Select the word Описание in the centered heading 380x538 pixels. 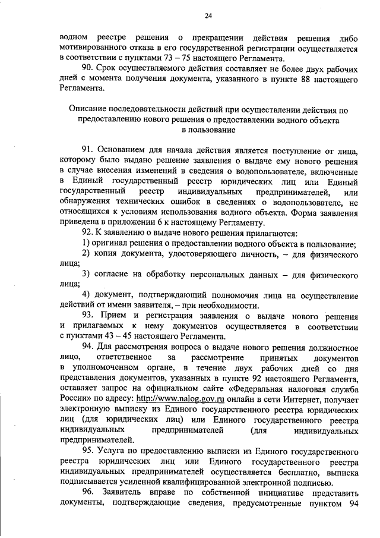[89, 110]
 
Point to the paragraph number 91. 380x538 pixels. [88, 149]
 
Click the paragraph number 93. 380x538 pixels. [88, 314]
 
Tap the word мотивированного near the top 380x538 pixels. [96, 48]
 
